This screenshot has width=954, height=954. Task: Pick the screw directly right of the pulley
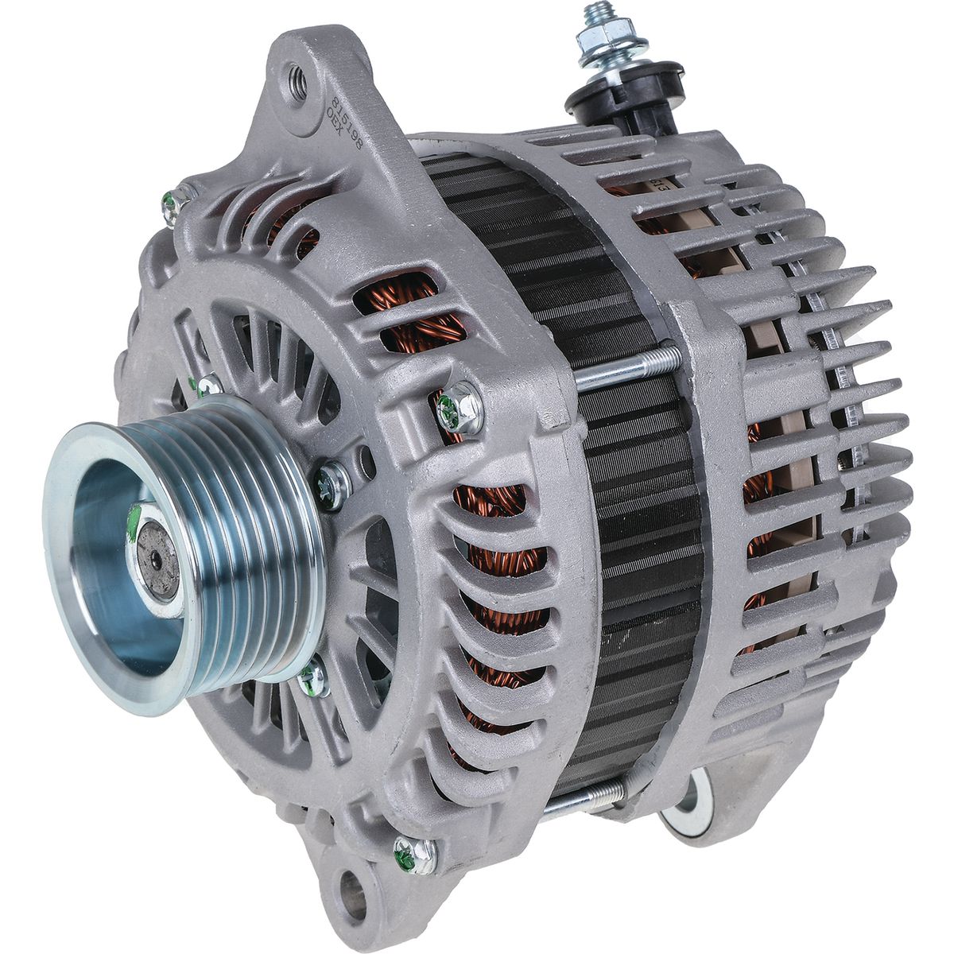333,484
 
